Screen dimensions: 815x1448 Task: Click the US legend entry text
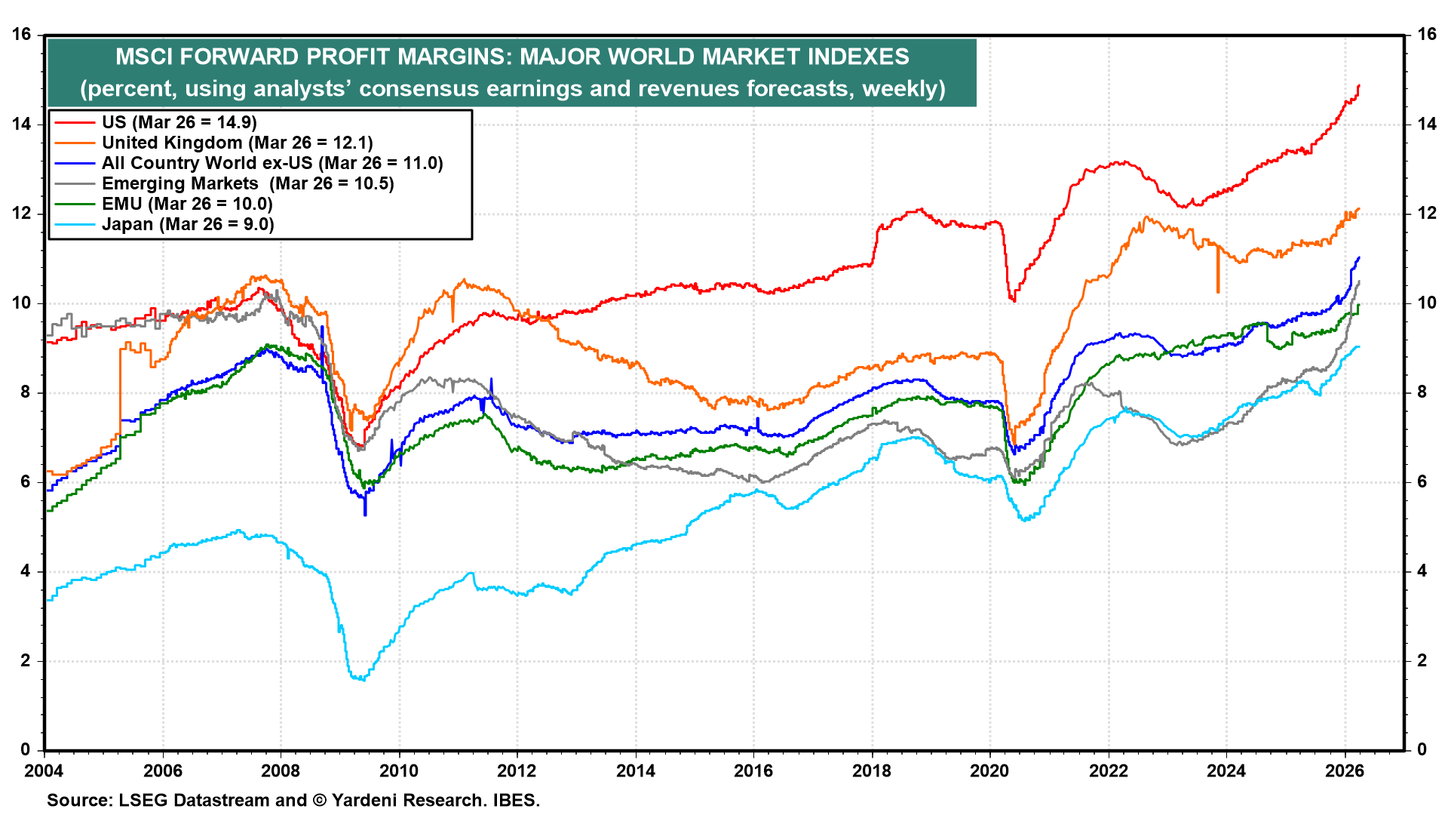[179, 122]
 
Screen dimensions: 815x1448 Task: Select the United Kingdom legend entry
[237, 143]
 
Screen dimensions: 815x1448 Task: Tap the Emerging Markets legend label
[247, 183]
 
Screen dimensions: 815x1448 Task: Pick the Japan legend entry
[188, 224]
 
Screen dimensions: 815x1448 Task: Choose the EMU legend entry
[187, 204]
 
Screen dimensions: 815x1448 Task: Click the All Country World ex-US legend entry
[272, 163]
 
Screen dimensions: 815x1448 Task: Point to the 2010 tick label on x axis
[398, 770]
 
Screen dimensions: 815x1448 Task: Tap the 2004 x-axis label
[44, 770]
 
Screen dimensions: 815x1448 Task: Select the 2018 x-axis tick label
[871, 770]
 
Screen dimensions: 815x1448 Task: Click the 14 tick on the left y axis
[22, 124]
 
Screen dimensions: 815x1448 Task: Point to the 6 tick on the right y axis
[1422, 481]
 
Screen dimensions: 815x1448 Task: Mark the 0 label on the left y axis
[26, 749]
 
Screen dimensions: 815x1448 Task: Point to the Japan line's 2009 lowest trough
[360, 679]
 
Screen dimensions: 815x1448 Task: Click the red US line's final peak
[1358, 86]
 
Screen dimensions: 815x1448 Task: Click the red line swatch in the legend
[75, 122]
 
